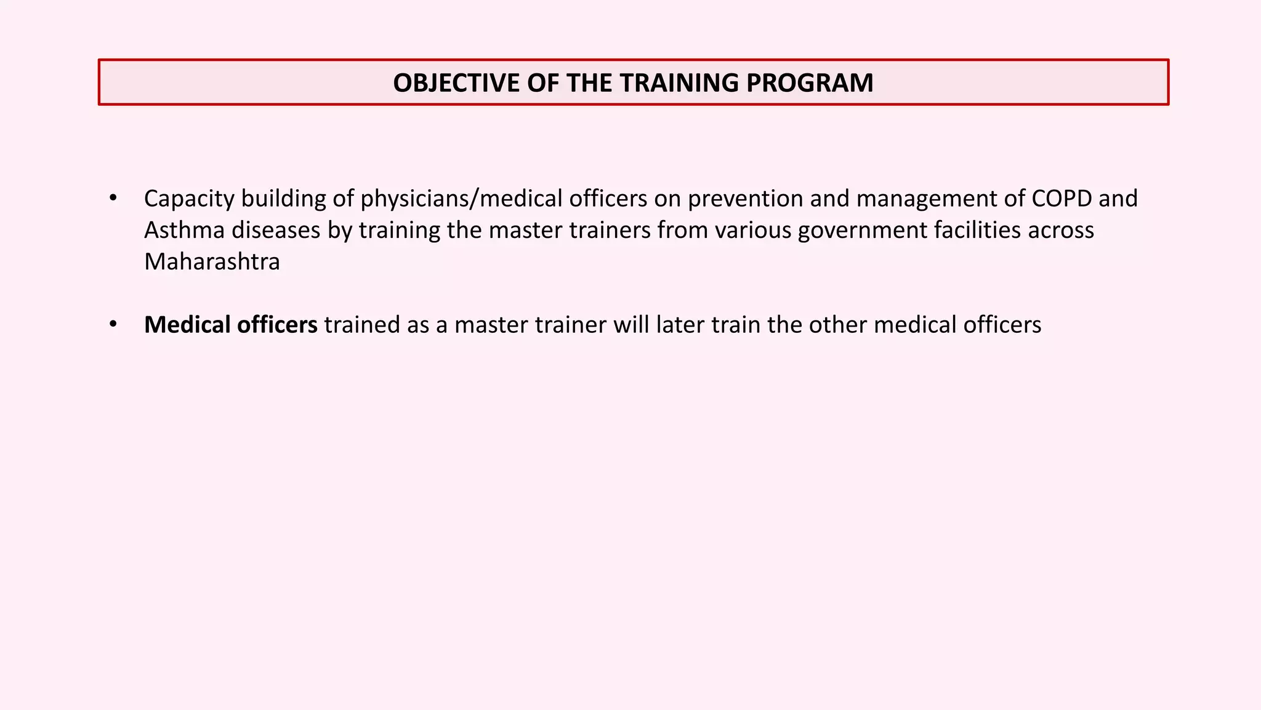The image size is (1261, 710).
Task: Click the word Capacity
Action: point(189,199)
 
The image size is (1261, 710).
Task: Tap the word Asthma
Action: point(184,231)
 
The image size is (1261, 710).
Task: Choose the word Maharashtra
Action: point(212,262)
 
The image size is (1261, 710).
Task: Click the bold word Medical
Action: point(187,325)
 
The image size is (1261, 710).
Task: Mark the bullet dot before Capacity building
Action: point(113,198)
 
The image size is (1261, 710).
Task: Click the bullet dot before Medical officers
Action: point(113,325)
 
